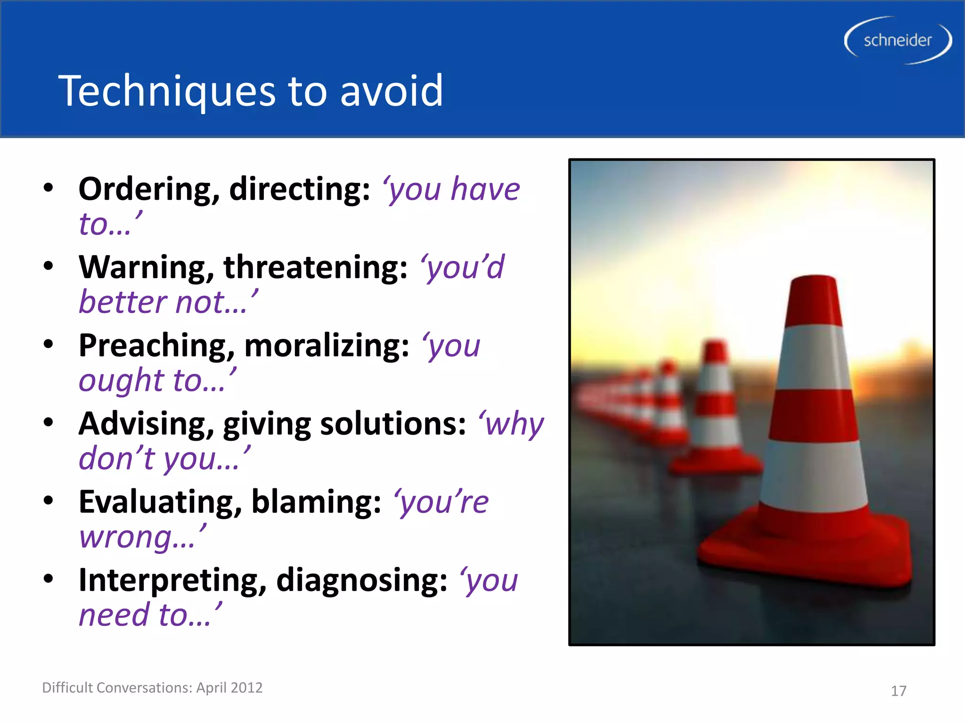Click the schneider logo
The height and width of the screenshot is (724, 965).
(x=898, y=41)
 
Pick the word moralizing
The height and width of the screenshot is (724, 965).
(x=327, y=346)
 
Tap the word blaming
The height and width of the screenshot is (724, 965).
(x=316, y=502)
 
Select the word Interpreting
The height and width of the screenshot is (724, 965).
(x=172, y=581)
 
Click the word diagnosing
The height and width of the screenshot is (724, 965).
(x=361, y=581)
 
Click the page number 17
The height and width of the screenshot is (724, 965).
(x=898, y=691)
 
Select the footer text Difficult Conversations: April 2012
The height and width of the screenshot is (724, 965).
(x=152, y=688)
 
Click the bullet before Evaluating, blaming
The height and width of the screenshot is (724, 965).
(x=48, y=501)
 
